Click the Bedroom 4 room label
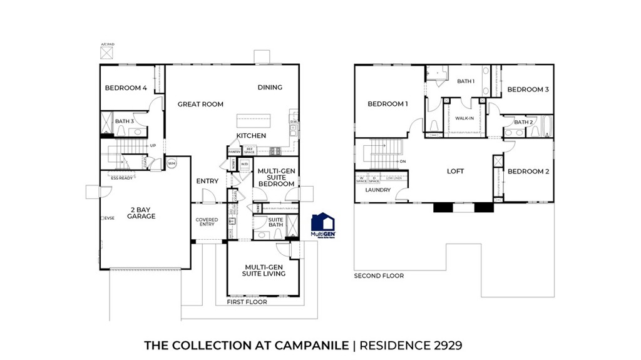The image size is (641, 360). coord(126,88)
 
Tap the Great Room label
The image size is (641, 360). coord(200,104)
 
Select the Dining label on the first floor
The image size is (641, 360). coord(270,87)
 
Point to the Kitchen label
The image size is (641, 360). coord(251,135)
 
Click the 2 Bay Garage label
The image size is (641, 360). coord(141,213)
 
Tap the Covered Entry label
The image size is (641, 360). coord(207,222)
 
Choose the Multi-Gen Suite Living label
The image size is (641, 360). coord(265,270)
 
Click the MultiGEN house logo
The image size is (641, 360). coord(323,225)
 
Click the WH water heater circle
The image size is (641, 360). coord(172,163)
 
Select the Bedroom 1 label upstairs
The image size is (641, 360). coord(387,104)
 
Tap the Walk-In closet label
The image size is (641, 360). coord(464,118)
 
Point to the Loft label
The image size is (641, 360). coord(455,171)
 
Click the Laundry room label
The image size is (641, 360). coord(378,190)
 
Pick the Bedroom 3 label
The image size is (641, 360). coord(528,90)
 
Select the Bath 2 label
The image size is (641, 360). coord(523,122)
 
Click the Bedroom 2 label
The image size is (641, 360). coord(528,171)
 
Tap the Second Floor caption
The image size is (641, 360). coord(379,275)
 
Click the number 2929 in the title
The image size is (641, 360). coord(445,345)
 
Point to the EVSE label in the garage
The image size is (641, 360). coord(110,218)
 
